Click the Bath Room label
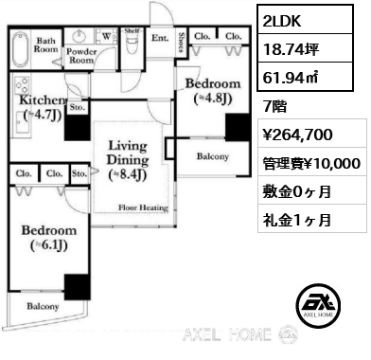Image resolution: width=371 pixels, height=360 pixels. point(46,45)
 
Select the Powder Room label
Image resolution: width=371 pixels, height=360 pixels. point(80,55)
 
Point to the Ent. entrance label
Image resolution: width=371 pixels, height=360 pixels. point(159,39)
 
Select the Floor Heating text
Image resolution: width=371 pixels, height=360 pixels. point(144,206)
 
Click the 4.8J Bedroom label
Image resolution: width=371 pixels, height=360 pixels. point(217,88)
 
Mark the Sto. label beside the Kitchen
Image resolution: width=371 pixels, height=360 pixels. point(77,108)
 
